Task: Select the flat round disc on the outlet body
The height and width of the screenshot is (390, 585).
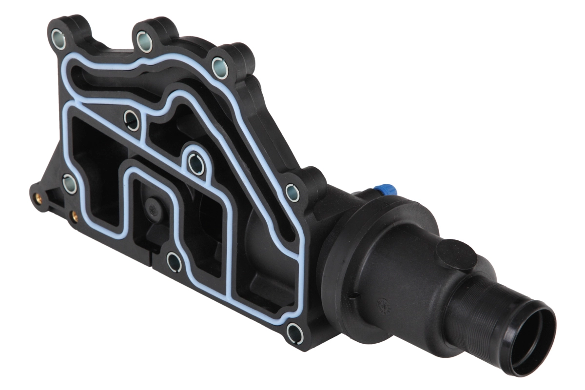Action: [x=455, y=255]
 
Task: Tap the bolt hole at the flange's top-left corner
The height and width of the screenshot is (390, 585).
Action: [x=58, y=39]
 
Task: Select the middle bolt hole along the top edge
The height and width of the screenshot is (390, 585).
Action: [x=144, y=41]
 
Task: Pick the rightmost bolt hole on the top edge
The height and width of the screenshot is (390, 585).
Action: [x=219, y=67]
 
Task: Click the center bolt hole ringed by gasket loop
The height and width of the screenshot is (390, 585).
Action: [x=196, y=164]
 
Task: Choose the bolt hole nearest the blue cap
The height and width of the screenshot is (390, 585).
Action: [x=292, y=193]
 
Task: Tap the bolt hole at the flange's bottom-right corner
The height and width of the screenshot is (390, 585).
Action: [x=295, y=333]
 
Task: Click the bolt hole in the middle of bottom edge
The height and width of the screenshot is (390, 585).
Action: [x=174, y=262]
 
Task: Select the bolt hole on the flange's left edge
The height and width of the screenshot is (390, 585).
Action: [x=70, y=184]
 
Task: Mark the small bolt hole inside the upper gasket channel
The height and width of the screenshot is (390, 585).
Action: [x=132, y=120]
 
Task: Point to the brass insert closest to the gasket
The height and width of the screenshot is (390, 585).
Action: [x=74, y=214]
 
